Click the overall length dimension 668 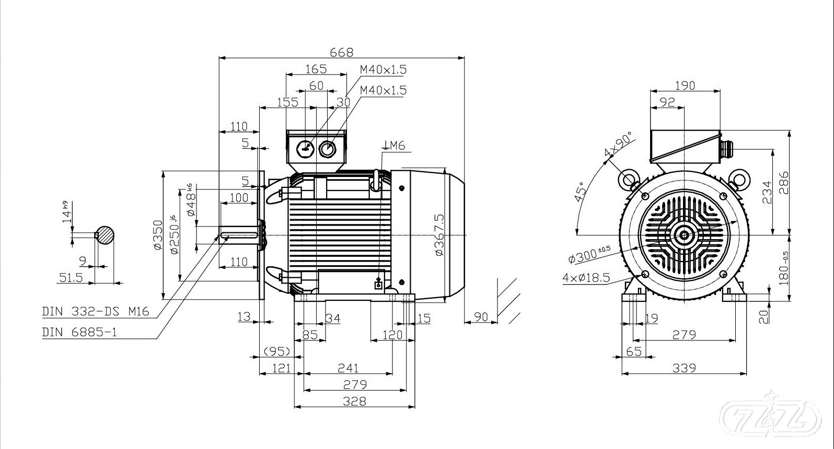[342, 52]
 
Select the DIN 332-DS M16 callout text [96, 312]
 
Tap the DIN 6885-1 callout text [79, 332]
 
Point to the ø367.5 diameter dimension [439, 234]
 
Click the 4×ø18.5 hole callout [586, 277]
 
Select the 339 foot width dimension [684, 368]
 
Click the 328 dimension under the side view [355, 401]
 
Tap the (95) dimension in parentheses [276, 351]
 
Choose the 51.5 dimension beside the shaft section [71, 277]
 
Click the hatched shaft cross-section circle [105, 235]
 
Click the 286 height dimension [783, 182]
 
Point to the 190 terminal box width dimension [685, 85]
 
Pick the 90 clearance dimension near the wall [481, 317]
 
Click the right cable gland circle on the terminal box [328, 149]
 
